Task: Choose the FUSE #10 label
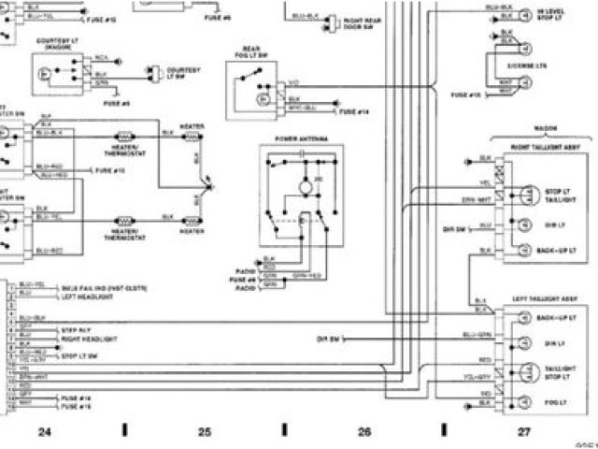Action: point(110,171)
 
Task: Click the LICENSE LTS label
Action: point(532,67)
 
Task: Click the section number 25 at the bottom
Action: point(205,430)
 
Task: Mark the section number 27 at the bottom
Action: point(524,430)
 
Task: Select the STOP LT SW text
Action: point(75,356)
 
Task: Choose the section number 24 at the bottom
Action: point(44,430)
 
